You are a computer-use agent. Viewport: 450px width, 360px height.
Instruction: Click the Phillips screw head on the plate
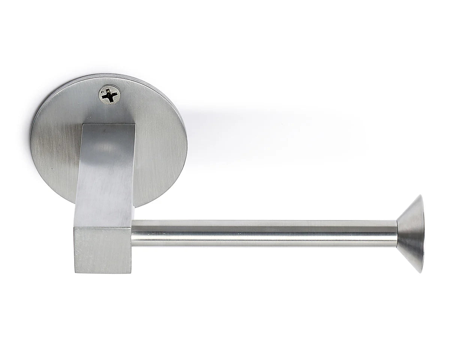coord(109,94)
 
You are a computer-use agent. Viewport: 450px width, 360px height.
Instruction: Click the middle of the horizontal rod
coord(264,233)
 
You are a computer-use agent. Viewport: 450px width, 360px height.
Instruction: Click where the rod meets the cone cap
coord(397,233)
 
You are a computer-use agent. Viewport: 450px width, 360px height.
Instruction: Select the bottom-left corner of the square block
coord(75,272)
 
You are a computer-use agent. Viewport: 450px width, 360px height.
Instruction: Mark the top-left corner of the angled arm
coord(83,124)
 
